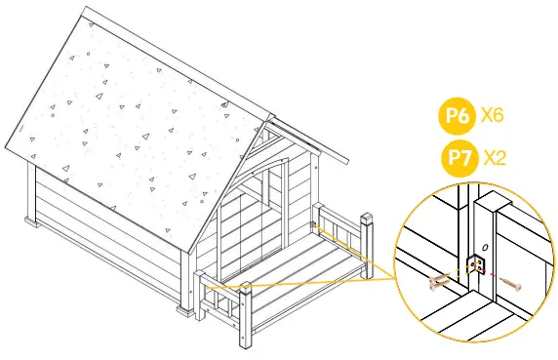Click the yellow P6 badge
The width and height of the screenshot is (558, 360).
pos(457,118)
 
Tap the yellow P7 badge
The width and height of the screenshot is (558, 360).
pos(457,155)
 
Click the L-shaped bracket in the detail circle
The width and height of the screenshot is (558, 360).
pos(478,265)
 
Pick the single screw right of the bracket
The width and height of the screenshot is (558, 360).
pos(513,284)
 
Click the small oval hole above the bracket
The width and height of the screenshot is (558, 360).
pos(485,245)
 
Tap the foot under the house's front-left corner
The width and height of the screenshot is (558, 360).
pos(184,312)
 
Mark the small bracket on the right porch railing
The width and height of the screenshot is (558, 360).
pos(314,226)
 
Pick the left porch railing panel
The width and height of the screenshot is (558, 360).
pos(219,302)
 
